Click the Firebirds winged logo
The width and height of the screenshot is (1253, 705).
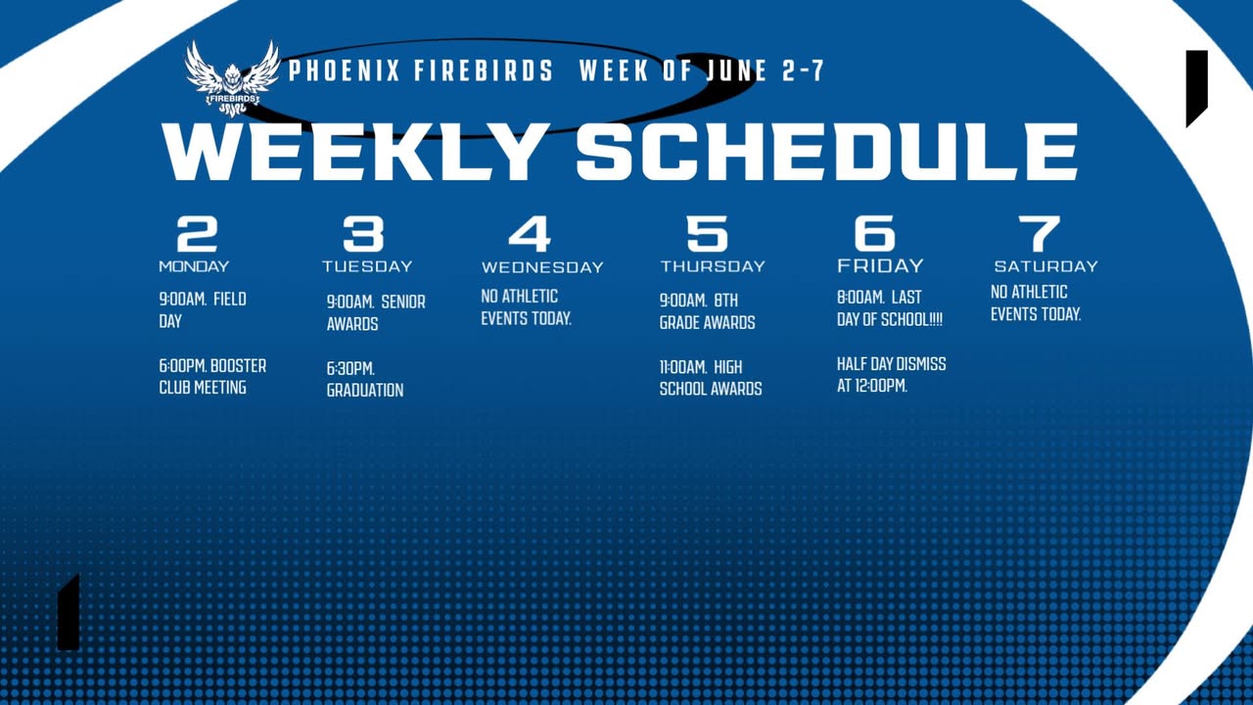tap(232, 78)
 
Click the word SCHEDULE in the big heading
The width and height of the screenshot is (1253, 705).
tap(827, 152)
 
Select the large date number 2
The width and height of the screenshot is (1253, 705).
tap(197, 234)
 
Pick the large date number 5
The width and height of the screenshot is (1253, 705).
tap(707, 234)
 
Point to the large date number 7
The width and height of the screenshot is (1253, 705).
tap(1040, 234)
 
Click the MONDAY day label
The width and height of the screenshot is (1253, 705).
tap(194, 266)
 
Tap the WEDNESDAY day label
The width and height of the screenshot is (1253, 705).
tap(542, 267)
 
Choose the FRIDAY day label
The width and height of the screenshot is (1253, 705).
tap(880, 265)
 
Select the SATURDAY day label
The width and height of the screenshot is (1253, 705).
tap(1046, 266)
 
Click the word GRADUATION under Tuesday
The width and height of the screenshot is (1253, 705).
tap(365, 390)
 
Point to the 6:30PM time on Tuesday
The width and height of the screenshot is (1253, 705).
tap(350, 369)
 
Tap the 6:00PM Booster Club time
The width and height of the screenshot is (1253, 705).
tap(183, 366)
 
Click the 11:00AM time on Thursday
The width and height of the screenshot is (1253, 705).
tap(683, 367)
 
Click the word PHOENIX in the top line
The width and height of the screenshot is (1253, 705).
tap(344, 71)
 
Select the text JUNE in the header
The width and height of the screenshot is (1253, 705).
tap(735, 71)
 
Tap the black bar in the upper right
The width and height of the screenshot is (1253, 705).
tap(1196, 87)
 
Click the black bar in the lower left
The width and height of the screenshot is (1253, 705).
tap(69, 613)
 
